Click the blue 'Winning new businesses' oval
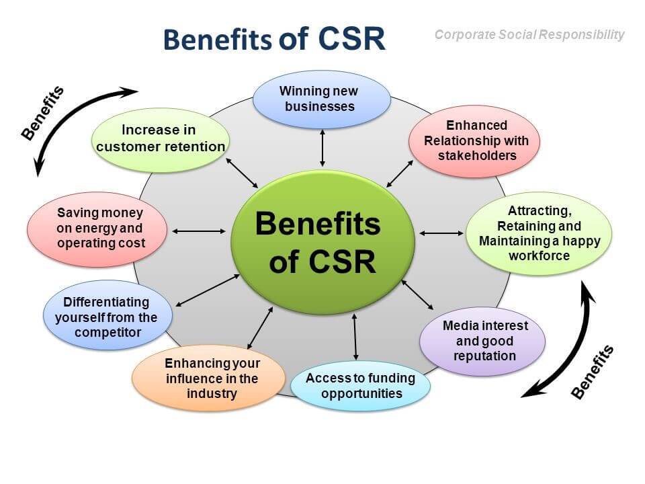tap(321, 99)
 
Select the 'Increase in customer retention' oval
tap(160, 139)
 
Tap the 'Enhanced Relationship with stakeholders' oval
tap(474, 140)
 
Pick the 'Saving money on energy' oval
tap(95, 229)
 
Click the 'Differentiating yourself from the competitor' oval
tap(107, 317)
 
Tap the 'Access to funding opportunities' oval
tap(360, 385)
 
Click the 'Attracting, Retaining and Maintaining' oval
tap(539, 233)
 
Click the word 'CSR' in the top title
tap(350, 39)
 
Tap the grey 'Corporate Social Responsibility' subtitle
tap(529, 34)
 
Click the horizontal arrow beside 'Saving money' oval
tap(199, 231)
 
